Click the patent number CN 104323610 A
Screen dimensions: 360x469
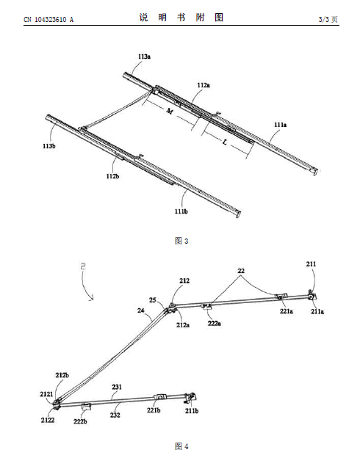click(48, 20)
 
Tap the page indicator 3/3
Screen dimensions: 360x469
click(324, 20)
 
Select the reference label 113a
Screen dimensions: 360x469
click(144, 57)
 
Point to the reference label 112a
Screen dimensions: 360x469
click(204, 85)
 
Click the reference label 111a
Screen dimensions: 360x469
click(280, 125)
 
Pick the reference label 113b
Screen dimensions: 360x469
click(48, 146)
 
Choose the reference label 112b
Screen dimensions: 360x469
click(112, 176)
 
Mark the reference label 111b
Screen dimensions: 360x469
click(181, 211)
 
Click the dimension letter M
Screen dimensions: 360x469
click(169, 112)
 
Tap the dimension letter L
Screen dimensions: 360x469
click(224, 142)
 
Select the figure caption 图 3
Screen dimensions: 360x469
click(181, 241)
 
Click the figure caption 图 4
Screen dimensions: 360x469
click(181, 446)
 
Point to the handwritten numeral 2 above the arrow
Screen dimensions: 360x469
click(83, 266)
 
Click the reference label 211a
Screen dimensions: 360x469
click(317, 312)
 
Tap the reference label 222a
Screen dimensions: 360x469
click(215, 324)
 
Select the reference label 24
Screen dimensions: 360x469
click(141, 310)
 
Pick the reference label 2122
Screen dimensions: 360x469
click(48, 421)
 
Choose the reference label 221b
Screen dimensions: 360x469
click(154, 410)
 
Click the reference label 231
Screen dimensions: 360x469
click(117, 387)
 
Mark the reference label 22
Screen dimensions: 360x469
click(241, 271)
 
